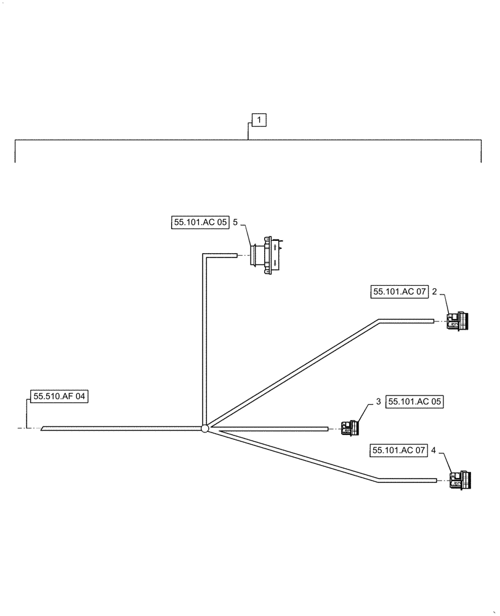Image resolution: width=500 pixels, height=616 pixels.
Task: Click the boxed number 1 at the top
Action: [259, 120]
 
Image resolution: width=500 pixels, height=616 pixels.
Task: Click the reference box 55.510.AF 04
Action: [59, 397]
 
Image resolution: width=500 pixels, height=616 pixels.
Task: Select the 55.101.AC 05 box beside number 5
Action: [200, 223]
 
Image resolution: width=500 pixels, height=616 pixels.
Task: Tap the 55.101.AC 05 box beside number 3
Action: [415, 402]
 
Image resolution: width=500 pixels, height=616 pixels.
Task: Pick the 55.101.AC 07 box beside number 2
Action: [399, 293]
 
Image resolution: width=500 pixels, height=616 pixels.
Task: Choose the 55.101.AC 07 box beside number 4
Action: [398, 451]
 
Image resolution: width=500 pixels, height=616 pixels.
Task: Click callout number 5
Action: [235, 223]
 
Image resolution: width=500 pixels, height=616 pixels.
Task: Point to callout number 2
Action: [434, 293]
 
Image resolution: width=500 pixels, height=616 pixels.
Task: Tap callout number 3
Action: [378, 402]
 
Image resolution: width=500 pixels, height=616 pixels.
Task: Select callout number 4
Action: [433, 451]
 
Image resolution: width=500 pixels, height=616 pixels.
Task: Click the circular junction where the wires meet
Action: [206, 428]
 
